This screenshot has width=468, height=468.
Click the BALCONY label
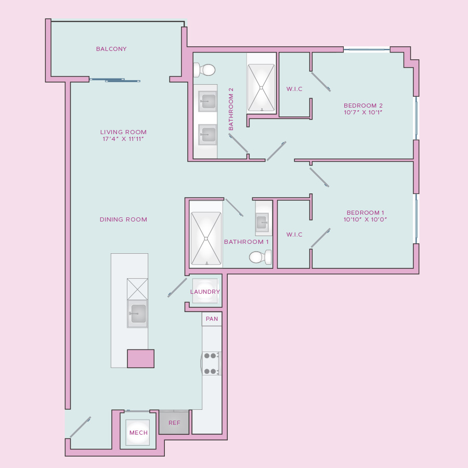click(111, 49)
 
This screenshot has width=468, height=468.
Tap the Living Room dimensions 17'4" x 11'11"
click(123, 139)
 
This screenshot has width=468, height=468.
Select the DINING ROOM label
click(123, 219)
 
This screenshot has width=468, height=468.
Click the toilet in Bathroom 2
click(204, 70)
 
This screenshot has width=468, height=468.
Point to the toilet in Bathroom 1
click(261, 257)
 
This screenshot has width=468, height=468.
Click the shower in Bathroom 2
click(261, 87)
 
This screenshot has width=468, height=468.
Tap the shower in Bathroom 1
click(206, 238)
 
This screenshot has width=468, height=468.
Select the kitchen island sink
click(137, 314)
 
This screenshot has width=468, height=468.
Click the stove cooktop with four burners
click(212, 363)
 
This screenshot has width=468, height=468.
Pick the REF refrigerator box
click(174, 422)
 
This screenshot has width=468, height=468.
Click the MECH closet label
click(138, 433)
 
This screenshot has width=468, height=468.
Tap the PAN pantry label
click(212, 319)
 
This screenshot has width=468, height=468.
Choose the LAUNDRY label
click(205, 292)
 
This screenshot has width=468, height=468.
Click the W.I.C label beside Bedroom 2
click(294, 89)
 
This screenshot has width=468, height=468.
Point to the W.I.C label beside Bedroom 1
click(294, 235)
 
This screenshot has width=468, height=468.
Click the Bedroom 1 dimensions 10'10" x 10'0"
click(365, 219)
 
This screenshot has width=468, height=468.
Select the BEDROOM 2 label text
click(363, 106)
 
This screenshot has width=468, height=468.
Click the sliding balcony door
click(115, 80)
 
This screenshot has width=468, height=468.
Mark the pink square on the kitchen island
click(141, 358)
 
